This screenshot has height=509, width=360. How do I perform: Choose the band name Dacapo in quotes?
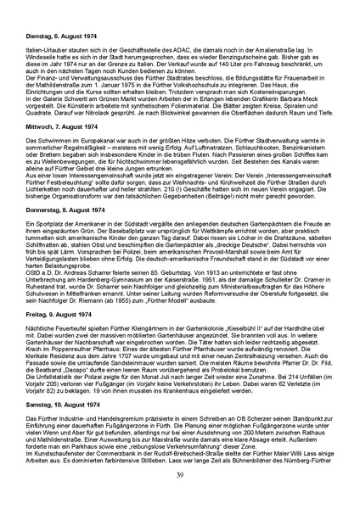[86, 367]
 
